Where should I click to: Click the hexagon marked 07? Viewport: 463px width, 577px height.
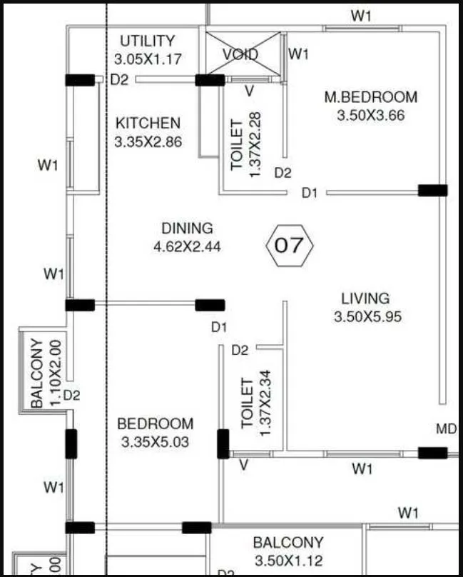[x=289, y=246]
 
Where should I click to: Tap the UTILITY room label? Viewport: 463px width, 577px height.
[x=147, y=41]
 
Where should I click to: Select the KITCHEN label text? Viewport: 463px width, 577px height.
[x=148, y=124]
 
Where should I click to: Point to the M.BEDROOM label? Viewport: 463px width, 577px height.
[x=370, y=97]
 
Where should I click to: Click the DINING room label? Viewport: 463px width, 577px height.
[x=187, y=229]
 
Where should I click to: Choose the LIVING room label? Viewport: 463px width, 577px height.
[x=365, y=298]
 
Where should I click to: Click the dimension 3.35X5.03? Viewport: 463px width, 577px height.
[x=155, y=442]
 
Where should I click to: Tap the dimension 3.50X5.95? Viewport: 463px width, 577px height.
[x=367, y=316]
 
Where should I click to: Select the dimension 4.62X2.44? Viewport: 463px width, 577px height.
[x=187, y=247]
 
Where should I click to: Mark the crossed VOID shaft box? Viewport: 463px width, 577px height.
[x=240, y=54]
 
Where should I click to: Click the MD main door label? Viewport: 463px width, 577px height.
[x=446, y=428]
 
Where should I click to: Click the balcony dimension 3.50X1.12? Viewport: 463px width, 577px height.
[x=288, y=561]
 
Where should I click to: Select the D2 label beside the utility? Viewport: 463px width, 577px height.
[x=120, y=80]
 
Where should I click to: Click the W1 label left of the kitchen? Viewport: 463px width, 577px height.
[x=48, y=166]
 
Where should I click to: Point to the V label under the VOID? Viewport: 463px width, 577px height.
[x=249, y=91]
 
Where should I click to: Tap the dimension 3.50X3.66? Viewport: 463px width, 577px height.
[x=370, y=115]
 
